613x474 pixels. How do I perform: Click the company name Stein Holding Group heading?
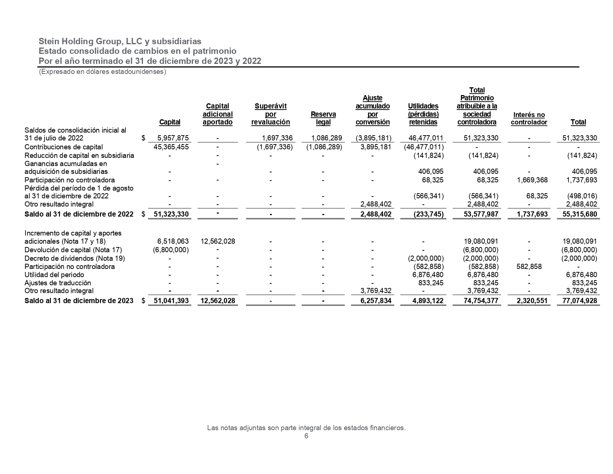click(x=120, y=41)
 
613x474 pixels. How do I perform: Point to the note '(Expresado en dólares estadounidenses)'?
click(x=102, y=72)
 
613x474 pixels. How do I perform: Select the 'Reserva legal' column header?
click(x=323, y=118)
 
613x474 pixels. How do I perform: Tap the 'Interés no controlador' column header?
click(x=529, y=118)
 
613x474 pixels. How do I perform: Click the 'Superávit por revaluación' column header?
click(x=270, y=114)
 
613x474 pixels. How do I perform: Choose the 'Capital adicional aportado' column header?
click(x=218, y=114)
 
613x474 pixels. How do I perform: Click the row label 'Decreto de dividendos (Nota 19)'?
click(x=75, y=258)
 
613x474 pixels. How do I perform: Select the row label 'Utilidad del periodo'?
click(x=54, y=275)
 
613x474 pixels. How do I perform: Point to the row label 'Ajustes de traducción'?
click(x=58, y=283)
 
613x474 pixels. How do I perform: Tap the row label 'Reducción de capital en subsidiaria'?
click(x=79, y=155)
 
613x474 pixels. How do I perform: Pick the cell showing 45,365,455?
click(x=171, y=147)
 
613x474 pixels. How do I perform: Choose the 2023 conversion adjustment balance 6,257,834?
click(x=376, y=301)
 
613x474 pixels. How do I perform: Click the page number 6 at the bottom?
click(x=306, y=436)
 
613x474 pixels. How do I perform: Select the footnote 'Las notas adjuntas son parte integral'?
click(x=306, y=428)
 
